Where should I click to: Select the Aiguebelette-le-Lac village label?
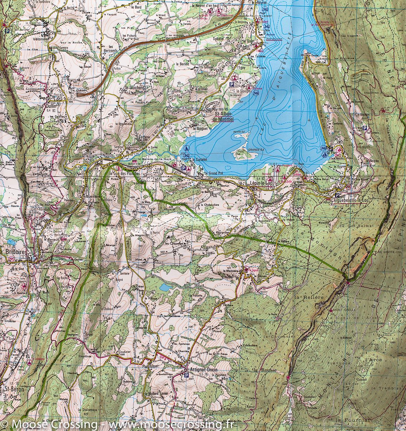click(x=350, y=200)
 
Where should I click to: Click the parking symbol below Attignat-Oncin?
click(x=186, y=376)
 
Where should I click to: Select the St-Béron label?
click(x=12, y=389)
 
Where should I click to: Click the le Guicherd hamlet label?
click(x=134, y=88)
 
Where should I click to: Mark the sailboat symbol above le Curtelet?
click(x=186, y=149)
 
